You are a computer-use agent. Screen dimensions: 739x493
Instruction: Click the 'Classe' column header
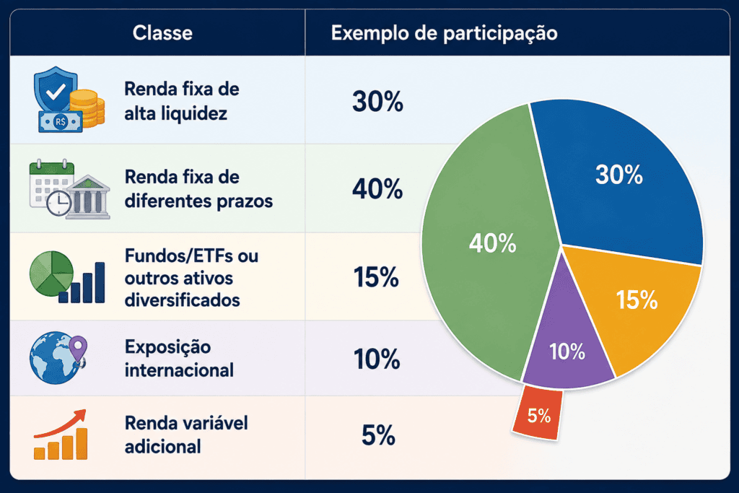coord(162,33)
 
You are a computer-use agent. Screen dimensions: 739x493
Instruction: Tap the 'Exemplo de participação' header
coord(444,33)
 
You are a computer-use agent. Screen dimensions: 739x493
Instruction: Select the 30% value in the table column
coord(377,101)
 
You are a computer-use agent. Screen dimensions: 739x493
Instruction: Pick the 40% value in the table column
coord(377,189)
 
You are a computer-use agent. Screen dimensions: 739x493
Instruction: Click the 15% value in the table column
coord(377,276)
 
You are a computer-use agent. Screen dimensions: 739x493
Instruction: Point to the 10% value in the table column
coord(377,359)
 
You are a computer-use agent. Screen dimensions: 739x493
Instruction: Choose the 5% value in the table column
coord(378,435)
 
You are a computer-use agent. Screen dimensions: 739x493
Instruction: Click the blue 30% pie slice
coord(618,179)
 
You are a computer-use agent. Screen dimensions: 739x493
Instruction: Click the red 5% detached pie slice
coord(538,412)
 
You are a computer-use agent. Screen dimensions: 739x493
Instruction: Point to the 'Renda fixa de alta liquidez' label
coord(182,101)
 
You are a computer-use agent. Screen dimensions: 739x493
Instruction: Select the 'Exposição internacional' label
coord(179,359)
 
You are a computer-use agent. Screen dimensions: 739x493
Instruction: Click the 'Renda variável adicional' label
coord(186,435)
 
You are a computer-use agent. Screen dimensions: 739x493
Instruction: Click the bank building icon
coord(88,198)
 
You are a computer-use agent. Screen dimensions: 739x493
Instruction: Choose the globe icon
coord(53,358)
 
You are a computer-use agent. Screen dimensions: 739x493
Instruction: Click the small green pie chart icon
coord(51,274)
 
